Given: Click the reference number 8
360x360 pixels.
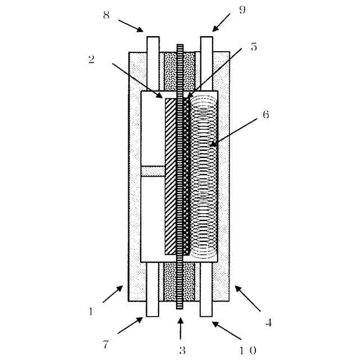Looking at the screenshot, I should coord(106,16).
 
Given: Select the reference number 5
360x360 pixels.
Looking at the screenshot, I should coord(254,48).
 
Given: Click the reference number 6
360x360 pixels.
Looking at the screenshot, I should coord(265,114).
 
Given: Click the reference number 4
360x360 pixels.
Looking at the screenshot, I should coord(269,323).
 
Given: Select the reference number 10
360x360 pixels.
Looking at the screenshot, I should coord(248,350).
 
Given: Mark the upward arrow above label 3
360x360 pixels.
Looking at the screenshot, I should coord(180,328).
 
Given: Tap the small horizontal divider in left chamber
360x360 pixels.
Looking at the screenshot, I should coord(152,171).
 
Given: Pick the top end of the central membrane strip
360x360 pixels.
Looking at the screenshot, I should coord(180,46).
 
